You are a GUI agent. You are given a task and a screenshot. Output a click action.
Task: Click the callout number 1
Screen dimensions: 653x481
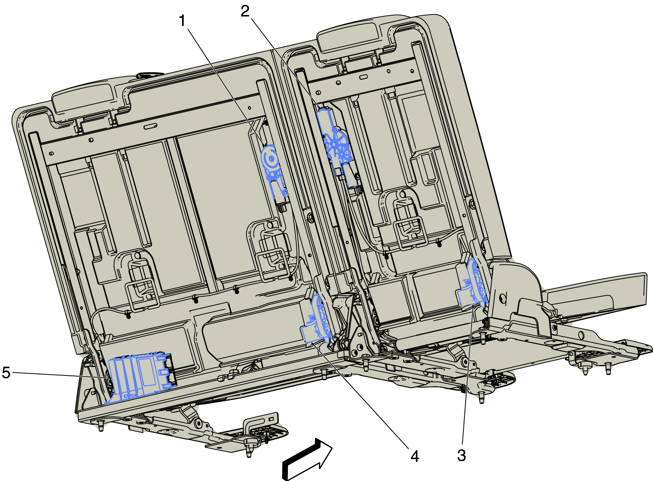pyautogui.click(x=182, y=21)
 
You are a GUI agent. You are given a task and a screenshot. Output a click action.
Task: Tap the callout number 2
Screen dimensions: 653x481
pyautogui.click(x=245, y=11)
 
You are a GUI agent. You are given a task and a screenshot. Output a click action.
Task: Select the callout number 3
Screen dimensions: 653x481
pyautogui.click(x=461, y=455)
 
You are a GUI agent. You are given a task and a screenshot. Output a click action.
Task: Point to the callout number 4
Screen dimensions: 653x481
pyautogui.click(x=415, y=456)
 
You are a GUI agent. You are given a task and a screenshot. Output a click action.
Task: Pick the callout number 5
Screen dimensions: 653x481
pyautogui.click(x=6, y=372)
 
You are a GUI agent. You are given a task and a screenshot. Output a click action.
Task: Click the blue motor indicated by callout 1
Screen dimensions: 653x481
pyautogui.click(x=274, y=171)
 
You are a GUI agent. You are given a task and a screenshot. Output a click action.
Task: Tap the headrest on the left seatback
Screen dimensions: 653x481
pyautogui.click(x=83, y=98)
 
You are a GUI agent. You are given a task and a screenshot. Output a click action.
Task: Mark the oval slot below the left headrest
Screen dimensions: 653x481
pyautogui.click(x=151, y=126)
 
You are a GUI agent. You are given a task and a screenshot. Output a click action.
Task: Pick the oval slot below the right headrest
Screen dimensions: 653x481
pyautogui.click(x=363, y=77)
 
